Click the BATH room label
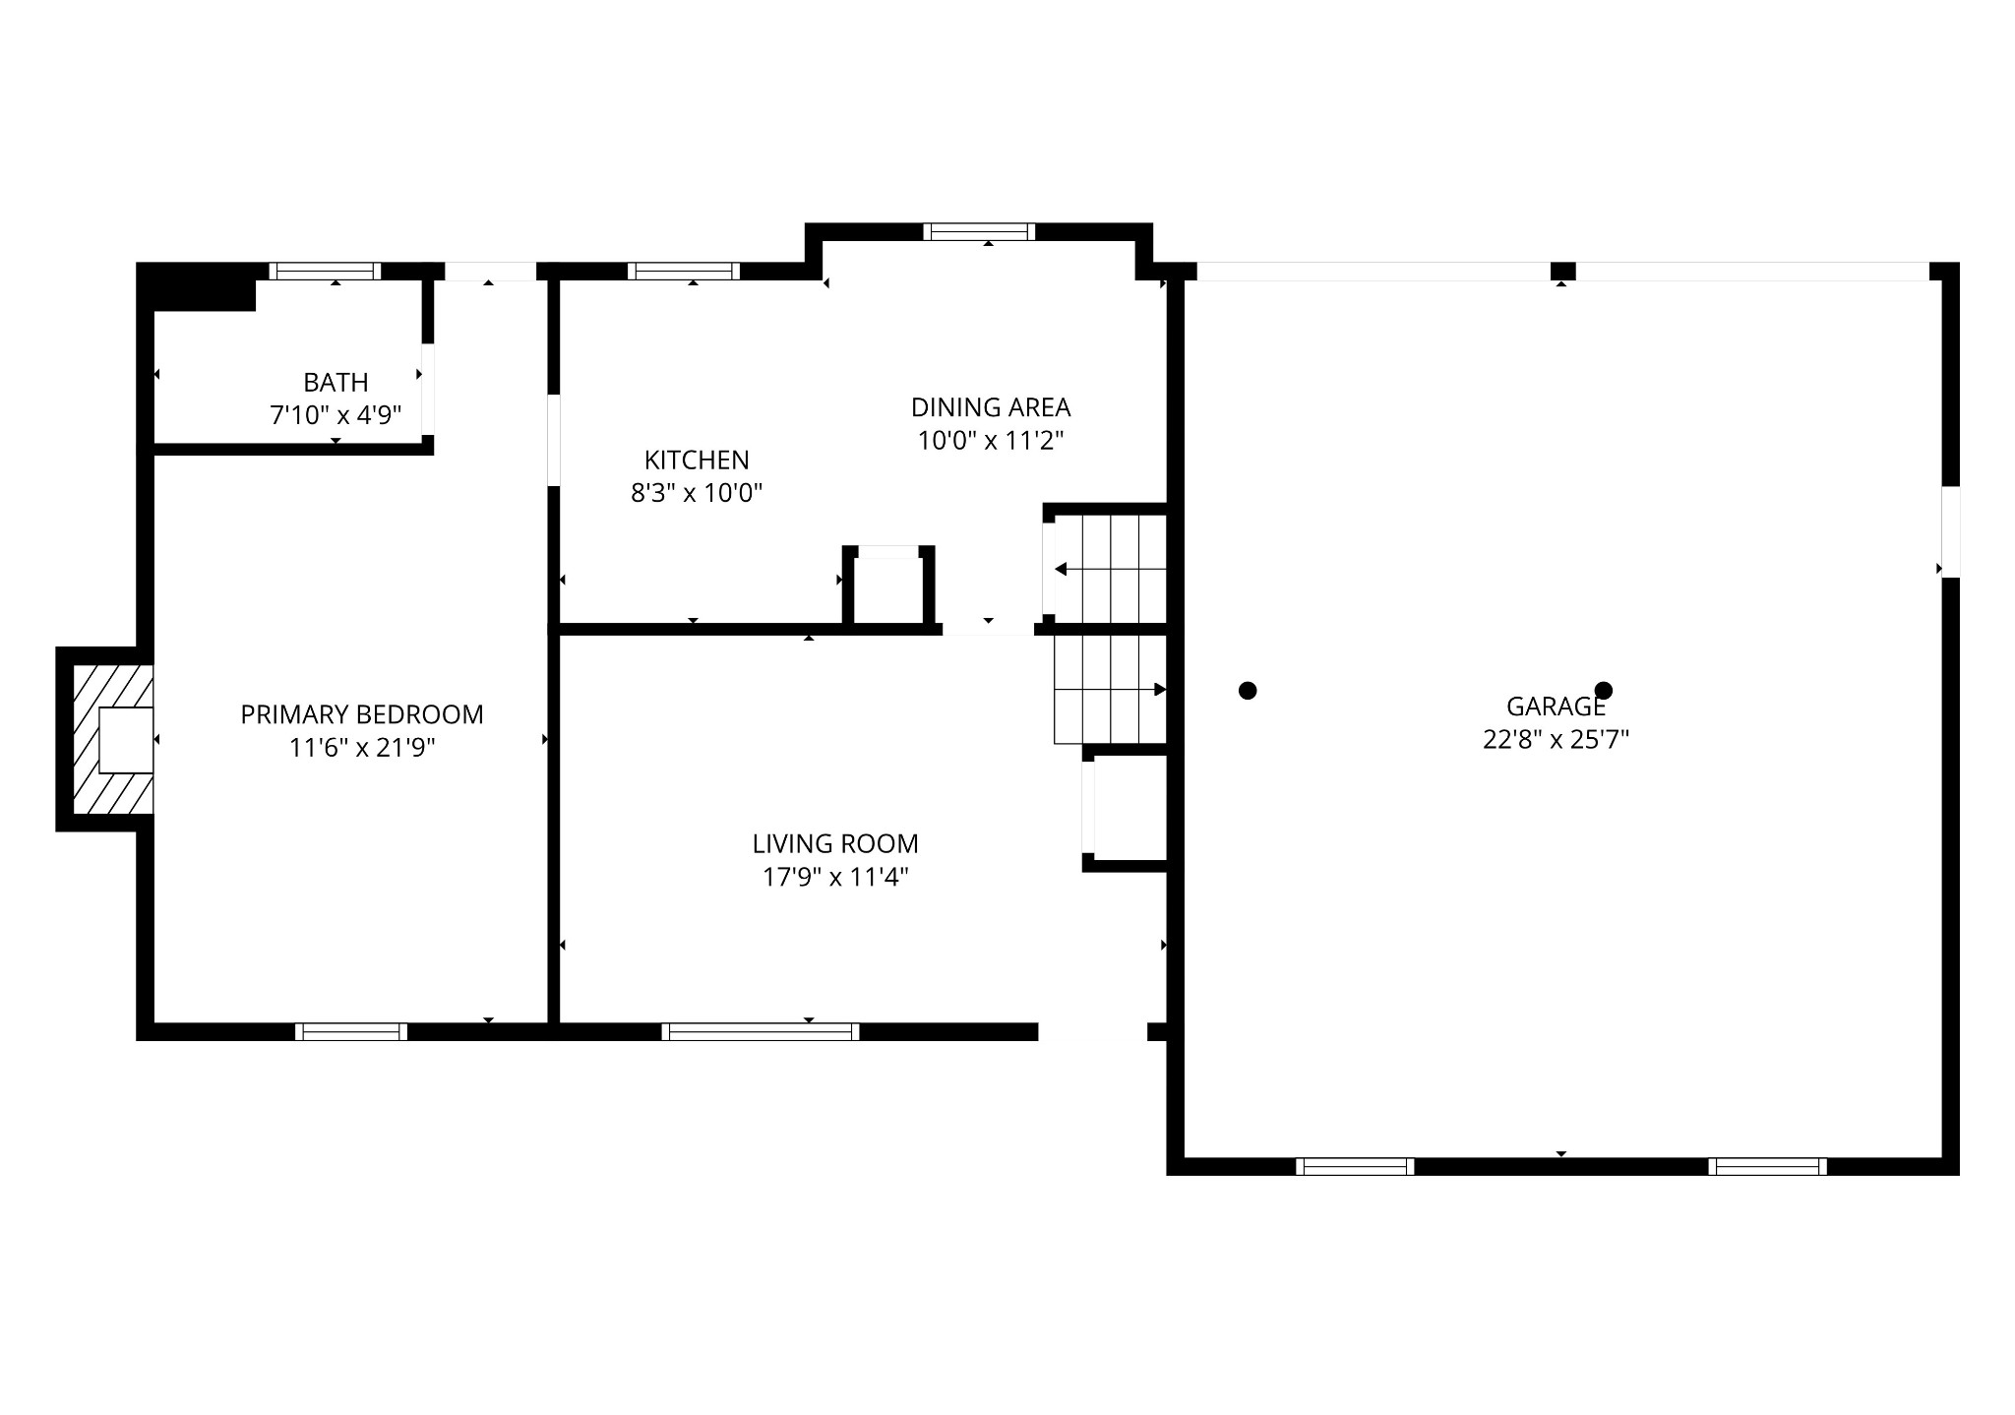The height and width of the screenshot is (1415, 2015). (x=336, y=382)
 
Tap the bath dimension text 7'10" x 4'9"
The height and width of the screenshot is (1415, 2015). (x=336, y=415)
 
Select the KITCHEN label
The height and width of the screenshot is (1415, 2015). (x=697, y=460)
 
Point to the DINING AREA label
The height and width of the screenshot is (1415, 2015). (x=990, y=407)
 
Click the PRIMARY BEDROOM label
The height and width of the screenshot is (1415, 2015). (x=362, y=714)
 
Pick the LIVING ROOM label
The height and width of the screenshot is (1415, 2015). (x=835, y=843)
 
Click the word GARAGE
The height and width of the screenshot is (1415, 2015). (x=1556, y=707)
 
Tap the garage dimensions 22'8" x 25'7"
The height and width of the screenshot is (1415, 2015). (x=1556, y=739)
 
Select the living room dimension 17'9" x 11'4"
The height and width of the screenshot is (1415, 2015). (x=835, y=877)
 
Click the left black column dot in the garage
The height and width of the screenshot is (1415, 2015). (x=1248, y=691)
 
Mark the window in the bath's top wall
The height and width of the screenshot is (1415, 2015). (x=325, y=272)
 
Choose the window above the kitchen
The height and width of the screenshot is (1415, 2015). (x=684, y=272)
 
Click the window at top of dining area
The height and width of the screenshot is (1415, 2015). (x=979, y=232)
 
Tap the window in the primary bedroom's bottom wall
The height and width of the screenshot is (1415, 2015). (x=351, y=1031)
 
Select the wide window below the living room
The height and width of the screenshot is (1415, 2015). (x=760, y=1031)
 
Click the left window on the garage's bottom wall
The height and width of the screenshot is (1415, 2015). (x=1355, y=1166)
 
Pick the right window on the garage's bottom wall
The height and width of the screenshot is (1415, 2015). (x=1767, y=1166)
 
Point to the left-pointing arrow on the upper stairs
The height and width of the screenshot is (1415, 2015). (x=1062, y=569)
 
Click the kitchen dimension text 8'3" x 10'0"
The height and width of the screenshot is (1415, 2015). (x=697, y=493)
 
